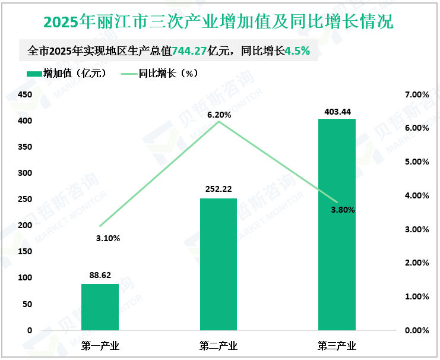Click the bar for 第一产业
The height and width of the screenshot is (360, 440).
[x=100, y=307]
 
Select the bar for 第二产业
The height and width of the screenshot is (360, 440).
[x=219, y=264]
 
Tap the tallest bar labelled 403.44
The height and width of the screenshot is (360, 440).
[x=337, y=224]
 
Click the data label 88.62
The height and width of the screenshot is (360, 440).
[x=100, y=275]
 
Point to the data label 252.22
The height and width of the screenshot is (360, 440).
[x=219, y=190]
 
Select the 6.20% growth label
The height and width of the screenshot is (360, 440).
[x=219, y=115]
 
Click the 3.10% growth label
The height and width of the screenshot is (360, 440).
[x=108, y=238]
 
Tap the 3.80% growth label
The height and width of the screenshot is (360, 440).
[x=343, y=210]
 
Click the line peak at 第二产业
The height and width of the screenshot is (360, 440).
[x=219, y=122]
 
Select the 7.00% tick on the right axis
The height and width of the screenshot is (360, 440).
[x=416, y=94]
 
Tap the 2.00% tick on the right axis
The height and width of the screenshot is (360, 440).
[x=416, y=263]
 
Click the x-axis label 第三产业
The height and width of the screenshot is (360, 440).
[x=337, y=346]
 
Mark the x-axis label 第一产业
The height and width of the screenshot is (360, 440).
[x=100, y=346]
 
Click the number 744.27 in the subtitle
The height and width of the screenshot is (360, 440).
[x=189, y=51]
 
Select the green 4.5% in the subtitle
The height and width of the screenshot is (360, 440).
[x=297, y=51]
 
